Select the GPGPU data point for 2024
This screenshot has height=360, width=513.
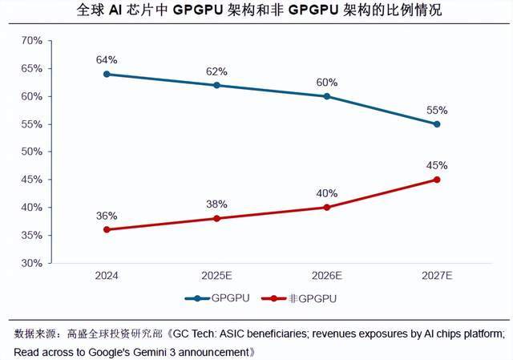coord(107,74)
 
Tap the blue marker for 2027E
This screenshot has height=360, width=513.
coord(437,124)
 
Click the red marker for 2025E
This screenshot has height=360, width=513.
coord(216,218)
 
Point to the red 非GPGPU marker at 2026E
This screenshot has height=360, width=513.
coord(327,207)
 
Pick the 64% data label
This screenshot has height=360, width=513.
coord(107,59)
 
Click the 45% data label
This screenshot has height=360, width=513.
coord(437,165)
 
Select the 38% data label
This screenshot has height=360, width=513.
coord(216,204)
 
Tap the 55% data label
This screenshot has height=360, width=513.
coord(437,110)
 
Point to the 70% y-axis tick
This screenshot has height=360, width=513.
coord(30,41)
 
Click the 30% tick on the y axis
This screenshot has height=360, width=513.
coord(30,263)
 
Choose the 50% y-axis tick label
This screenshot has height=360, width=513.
coord(30,152)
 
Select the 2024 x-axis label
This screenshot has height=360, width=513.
coord(107,275)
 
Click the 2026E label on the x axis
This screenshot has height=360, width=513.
coord(327,275)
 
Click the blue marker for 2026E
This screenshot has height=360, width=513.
coord(327,96)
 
